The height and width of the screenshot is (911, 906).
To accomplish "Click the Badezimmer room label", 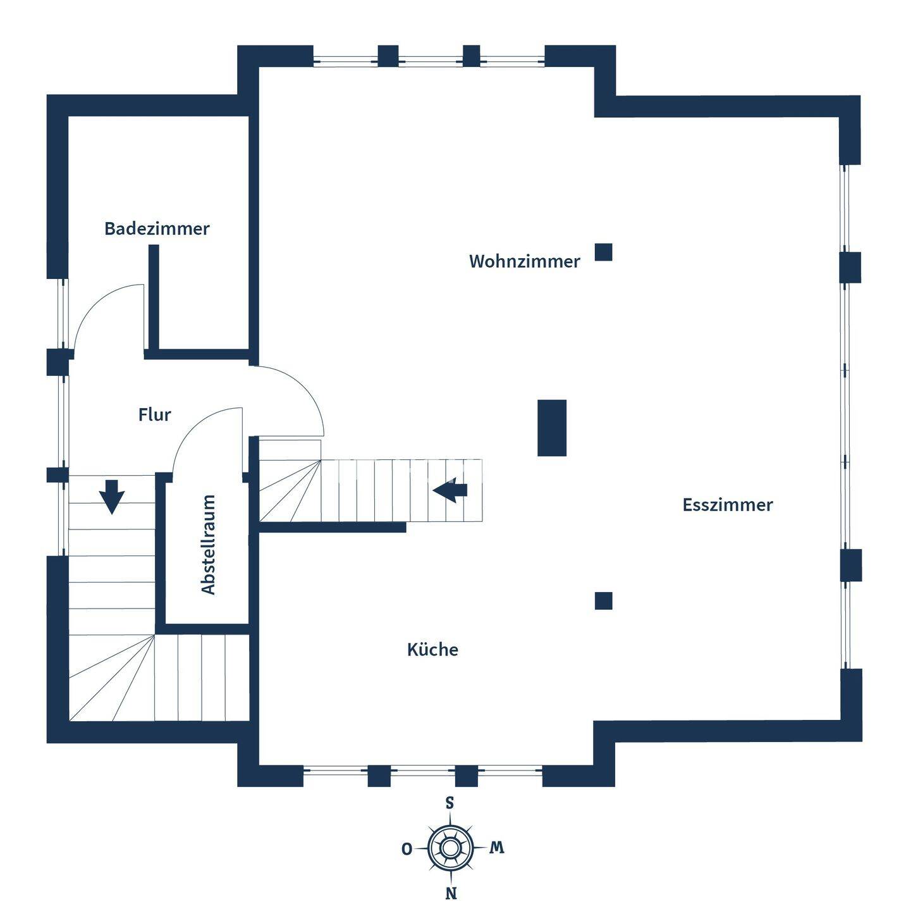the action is tap(157, 228).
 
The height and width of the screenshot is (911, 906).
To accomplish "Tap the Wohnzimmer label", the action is tap(524, 261).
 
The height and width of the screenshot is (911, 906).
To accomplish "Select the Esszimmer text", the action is tap(727, 505).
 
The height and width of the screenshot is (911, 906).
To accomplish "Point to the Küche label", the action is tap(432, 650).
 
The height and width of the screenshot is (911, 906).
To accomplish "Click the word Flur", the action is tap(154, 415).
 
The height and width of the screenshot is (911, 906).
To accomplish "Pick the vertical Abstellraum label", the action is tap(208, 545).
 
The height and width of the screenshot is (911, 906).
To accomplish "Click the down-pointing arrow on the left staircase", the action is tap(112, 496).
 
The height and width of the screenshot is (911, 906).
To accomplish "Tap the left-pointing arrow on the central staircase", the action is tap(450, 490).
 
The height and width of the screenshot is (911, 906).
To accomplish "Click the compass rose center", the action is tap(450, 847).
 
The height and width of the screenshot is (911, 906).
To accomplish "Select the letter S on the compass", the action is tap(450, 803).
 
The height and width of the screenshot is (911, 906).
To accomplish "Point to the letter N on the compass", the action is tap(451, 893).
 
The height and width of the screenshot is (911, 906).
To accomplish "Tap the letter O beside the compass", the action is tap(407, 849).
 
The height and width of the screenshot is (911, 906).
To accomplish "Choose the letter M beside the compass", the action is tap(497, 848).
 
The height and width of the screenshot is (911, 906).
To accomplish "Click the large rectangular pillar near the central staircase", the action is tap(551, 428).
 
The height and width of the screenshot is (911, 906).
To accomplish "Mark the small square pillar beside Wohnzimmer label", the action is tap(603, 252).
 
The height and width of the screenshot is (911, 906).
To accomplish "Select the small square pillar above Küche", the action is tap(603, 600).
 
